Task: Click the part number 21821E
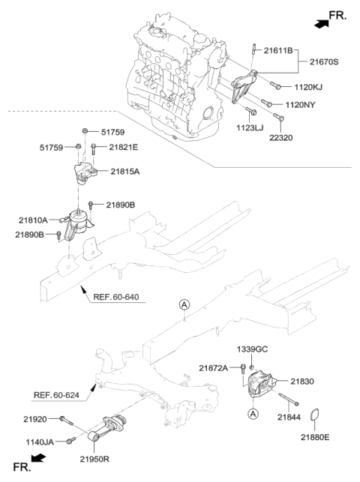click(124, 147)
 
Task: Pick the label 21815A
click(125, 171)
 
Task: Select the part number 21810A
click(33, 220)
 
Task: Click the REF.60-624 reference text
click(57, 394)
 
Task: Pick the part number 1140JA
click(40, 442)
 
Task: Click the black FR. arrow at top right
click(322, 23)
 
